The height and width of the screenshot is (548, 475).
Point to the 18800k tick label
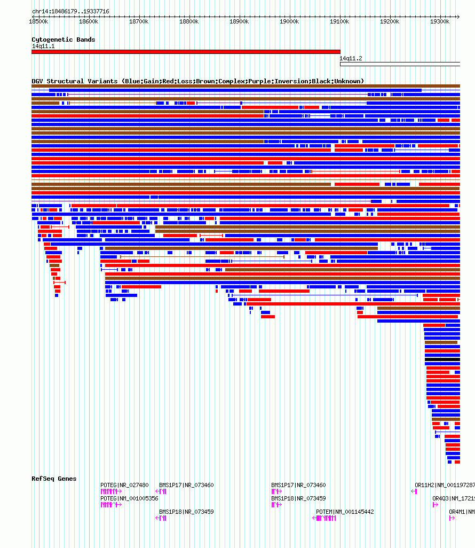pos(189,21)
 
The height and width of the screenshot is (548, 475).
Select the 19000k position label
pos(289,21)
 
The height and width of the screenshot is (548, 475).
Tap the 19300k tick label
pos(440,21)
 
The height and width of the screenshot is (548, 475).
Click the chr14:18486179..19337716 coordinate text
pos(70,11)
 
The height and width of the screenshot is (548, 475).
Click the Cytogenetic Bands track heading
pos(63,40)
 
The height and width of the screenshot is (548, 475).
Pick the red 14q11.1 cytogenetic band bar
pos(186,52)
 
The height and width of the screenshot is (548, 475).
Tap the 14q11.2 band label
pos(351,58)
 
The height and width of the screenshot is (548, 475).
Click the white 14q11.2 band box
pos(400,64)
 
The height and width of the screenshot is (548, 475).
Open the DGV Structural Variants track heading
pos(197,81)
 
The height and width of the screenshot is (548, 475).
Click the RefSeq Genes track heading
pos(54,479)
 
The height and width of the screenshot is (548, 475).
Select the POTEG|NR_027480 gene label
pos(124,485)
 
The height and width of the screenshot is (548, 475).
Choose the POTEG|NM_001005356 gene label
pos(129,498)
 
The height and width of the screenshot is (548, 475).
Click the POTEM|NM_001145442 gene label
pos(345,512)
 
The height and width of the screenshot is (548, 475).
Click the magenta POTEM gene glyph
pos(324,518)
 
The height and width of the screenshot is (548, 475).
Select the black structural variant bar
pos(442,359)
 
